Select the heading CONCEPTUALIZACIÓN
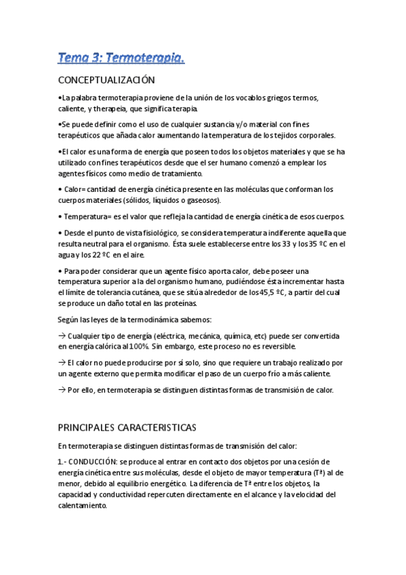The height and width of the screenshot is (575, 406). click(x=106, y=81)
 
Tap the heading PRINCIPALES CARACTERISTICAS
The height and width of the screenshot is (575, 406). click(x=127, y=428)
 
